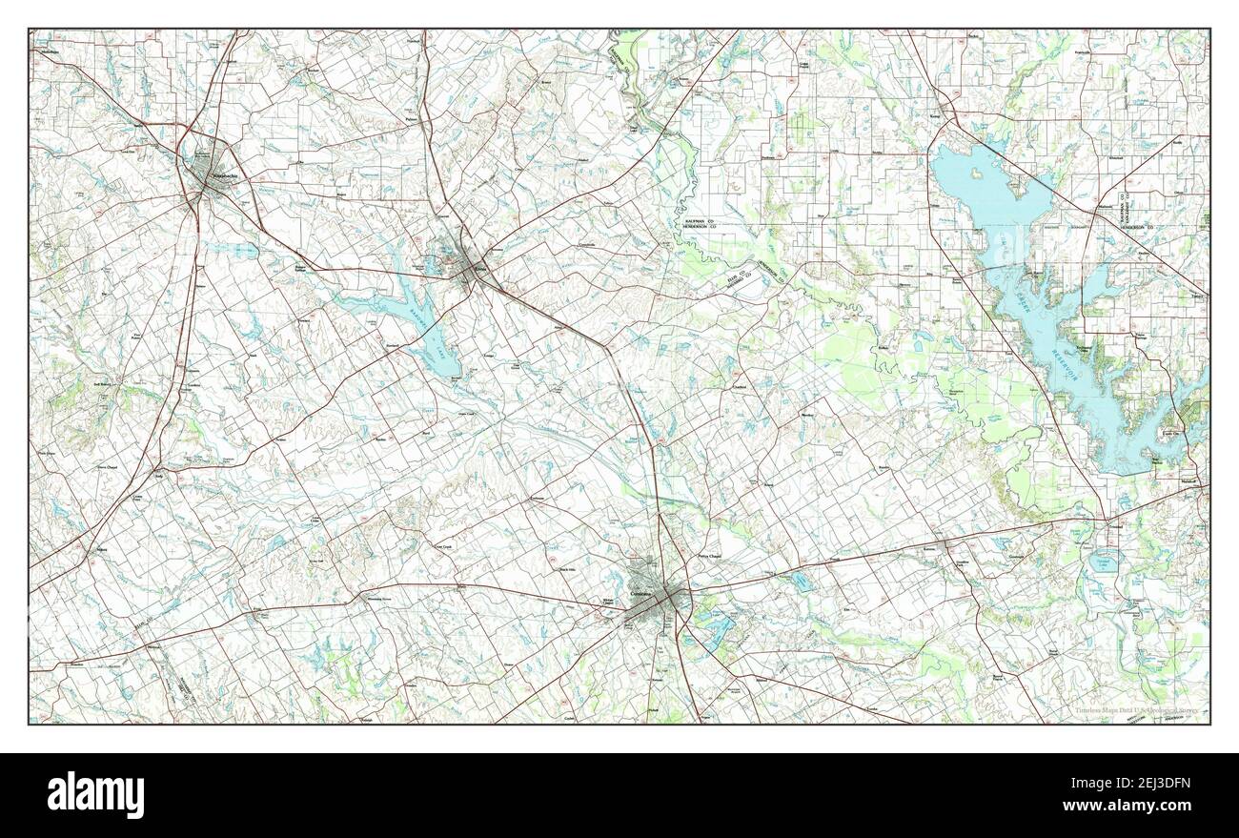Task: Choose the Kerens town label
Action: [930, 549]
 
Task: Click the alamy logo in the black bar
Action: [87, 794]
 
